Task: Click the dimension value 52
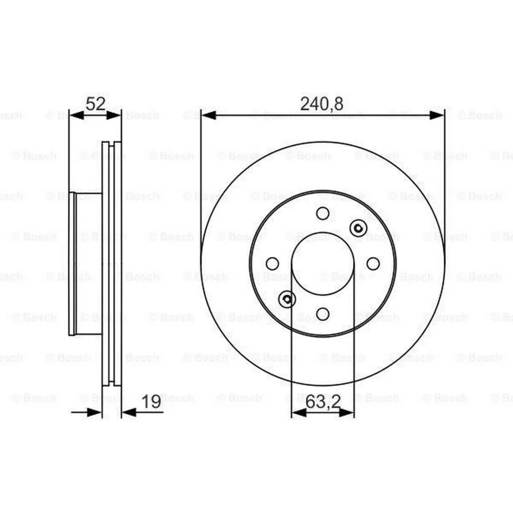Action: pos(95,104)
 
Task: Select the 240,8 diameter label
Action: pos(322,104)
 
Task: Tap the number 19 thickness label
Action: pos(152,402)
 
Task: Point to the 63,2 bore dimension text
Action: pos(323,402)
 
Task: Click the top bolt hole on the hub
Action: pos(323,213)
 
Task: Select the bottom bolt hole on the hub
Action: pos(323,314)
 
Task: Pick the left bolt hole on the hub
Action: pos(272,264)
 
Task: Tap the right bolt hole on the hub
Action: pos(373,264)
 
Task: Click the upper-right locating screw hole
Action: pos(358,228)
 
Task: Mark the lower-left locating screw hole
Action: pos(287,300)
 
